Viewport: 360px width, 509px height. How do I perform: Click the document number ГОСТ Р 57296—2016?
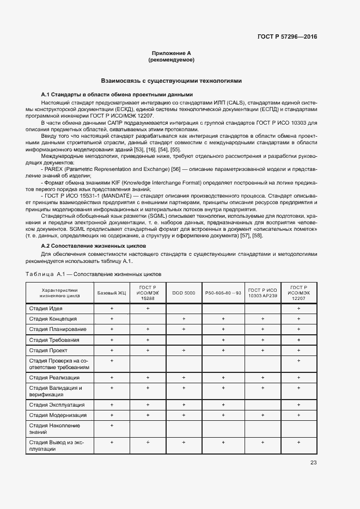point(287,37)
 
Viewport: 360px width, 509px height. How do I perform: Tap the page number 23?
point(313,463)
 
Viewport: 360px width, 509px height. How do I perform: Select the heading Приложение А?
point(171,53)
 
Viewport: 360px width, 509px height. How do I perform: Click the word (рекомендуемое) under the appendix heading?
point(171,59)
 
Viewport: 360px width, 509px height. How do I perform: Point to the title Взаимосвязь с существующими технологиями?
point(171,81)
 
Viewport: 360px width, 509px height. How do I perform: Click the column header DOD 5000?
point(184,293)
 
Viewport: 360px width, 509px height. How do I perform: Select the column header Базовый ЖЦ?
point(111,293)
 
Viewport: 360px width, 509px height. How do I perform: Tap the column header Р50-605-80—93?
point(223,293)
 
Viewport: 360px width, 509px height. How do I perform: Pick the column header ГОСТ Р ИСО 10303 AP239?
point(263,293)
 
